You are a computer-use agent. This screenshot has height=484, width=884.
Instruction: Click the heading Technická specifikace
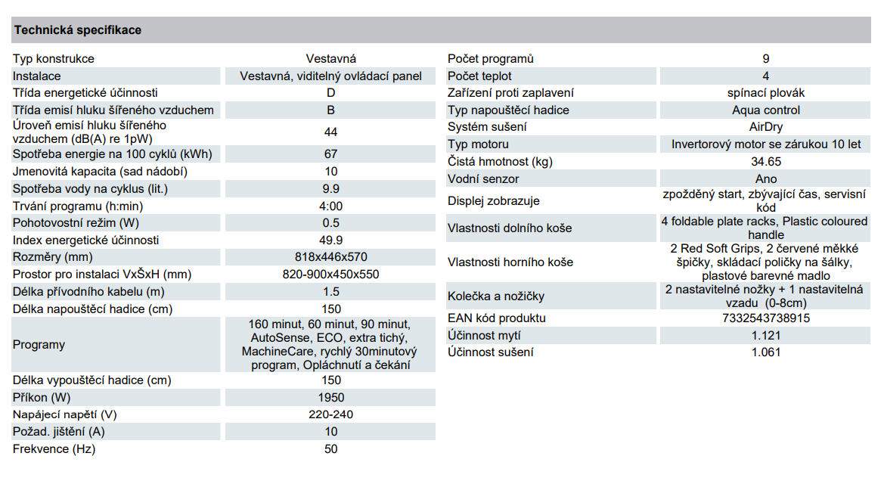tap(78, 30)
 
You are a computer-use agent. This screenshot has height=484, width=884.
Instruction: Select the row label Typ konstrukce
tap(54, 59)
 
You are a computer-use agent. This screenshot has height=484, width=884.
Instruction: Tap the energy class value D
tap(331, 92)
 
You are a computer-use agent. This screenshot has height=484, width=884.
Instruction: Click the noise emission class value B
tap(331, 110)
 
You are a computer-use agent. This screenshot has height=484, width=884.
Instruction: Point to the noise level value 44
tap(331, 132)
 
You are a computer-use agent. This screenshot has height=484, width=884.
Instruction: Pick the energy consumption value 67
tap(331, 154)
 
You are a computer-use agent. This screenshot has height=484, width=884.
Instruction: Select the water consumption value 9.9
tap(331, 189)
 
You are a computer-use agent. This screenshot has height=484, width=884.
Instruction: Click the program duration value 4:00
tap(331, 206)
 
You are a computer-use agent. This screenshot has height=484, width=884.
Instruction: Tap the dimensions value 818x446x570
tap(331, 256)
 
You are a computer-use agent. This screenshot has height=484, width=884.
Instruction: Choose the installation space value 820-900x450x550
tap(331, 275)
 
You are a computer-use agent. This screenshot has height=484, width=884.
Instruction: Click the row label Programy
tap(39, 345)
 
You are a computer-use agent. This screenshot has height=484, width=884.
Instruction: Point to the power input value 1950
tap(331, 398)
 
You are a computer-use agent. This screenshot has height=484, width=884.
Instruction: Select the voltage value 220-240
tap(331, 414)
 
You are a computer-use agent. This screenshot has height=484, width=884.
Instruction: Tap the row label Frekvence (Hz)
tap(54, 449)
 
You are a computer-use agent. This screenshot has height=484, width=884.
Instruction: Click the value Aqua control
tap(766, 110)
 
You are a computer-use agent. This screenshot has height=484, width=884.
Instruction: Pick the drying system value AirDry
tap(766, 127)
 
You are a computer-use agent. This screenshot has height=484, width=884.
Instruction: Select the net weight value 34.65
tap(766, 161)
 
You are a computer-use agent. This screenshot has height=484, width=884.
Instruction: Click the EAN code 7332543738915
tap(766, 318)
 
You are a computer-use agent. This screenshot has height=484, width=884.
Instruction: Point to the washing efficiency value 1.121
tap(766, 336)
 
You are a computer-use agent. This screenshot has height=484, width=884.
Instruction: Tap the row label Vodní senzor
tap(483, 178)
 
